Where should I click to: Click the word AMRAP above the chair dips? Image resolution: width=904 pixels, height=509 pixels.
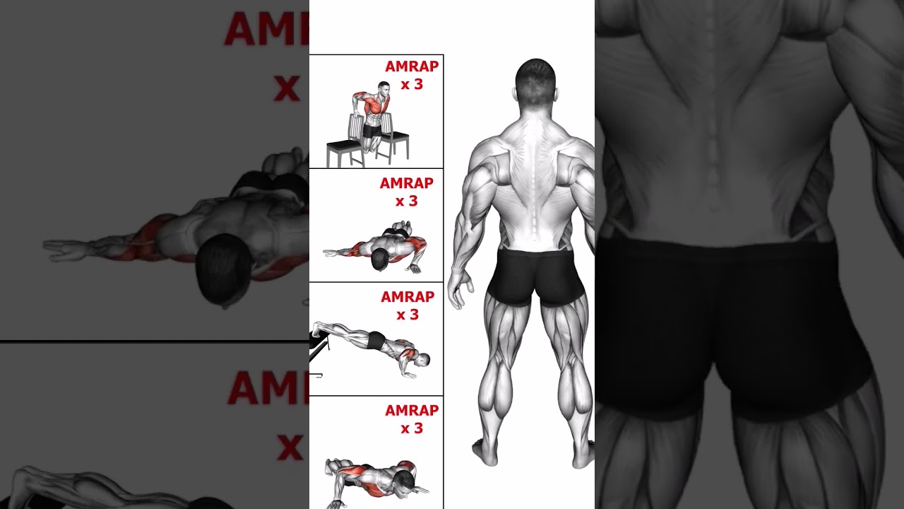click(412, 66)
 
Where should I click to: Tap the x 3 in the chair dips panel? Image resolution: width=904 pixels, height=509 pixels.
click(412, 85)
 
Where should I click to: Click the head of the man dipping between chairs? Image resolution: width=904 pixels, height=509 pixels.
click(383, 90)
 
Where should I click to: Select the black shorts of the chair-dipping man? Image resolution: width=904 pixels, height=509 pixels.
click(372, 131)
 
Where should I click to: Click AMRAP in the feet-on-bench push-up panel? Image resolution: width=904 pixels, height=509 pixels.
click(408, 297)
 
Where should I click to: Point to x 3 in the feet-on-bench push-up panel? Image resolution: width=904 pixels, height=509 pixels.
click(408, 315)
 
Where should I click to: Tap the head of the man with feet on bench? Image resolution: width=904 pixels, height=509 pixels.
click(422, 361)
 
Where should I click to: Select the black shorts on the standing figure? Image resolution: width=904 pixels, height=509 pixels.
click(536, 276)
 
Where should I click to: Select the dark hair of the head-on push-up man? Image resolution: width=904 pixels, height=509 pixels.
click(379, 259)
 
